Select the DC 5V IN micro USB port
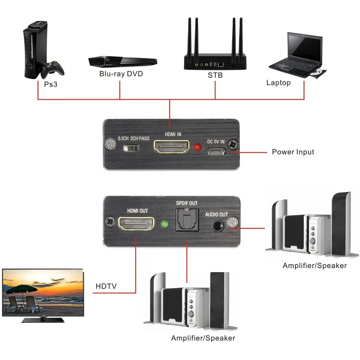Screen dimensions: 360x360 [216, 152]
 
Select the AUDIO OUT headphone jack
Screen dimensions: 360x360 [217, 225]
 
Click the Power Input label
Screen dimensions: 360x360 [293, 152]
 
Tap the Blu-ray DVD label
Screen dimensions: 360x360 [121, 73]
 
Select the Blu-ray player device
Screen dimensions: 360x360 [122, 60]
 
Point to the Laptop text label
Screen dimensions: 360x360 [279, 83]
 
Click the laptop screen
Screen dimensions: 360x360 [305, 47]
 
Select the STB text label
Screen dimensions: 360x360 [215, 76]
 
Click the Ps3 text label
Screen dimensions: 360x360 [50, 84]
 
